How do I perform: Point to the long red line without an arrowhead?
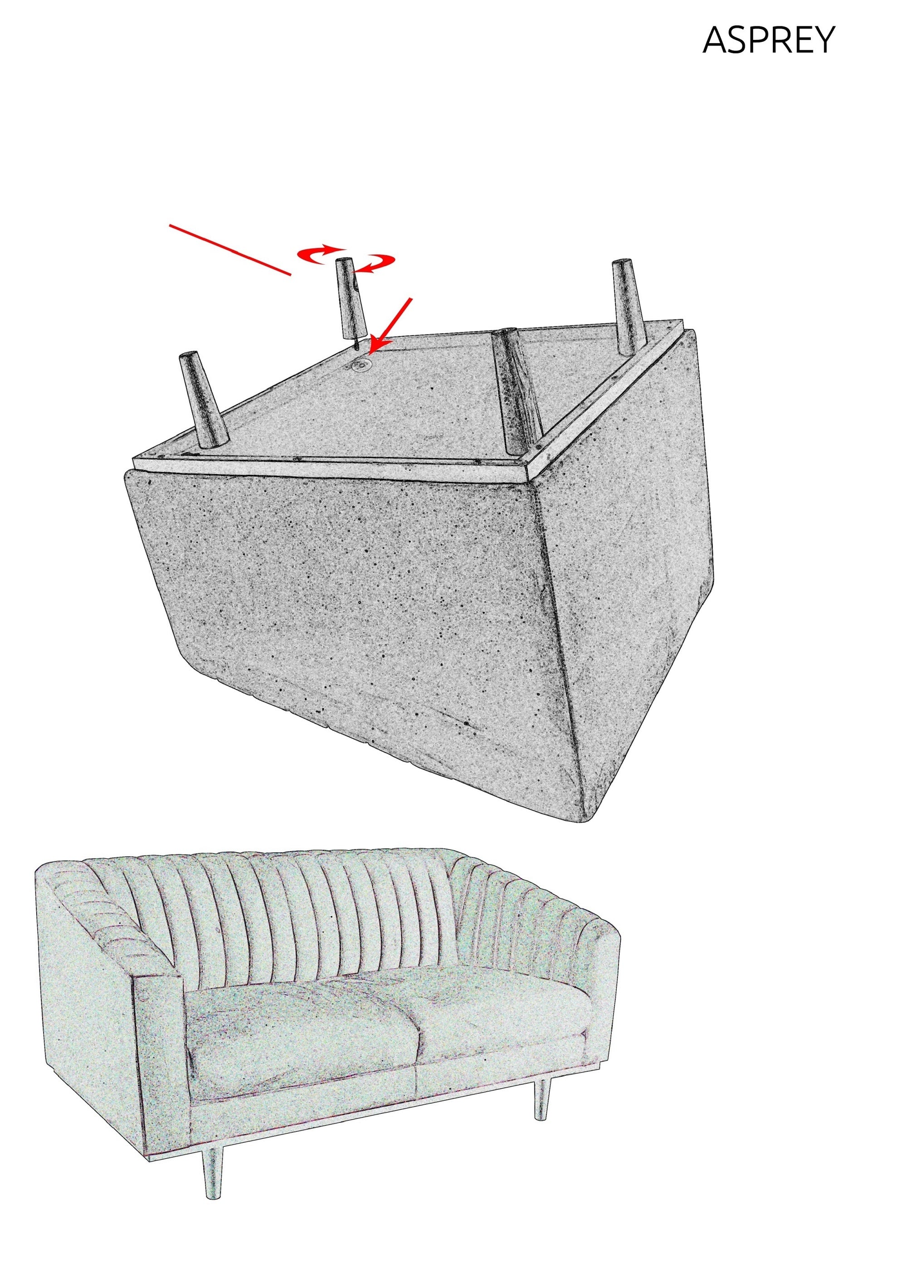coord(230,250)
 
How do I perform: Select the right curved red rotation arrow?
coord(378,262)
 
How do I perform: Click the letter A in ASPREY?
coord(716,40)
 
